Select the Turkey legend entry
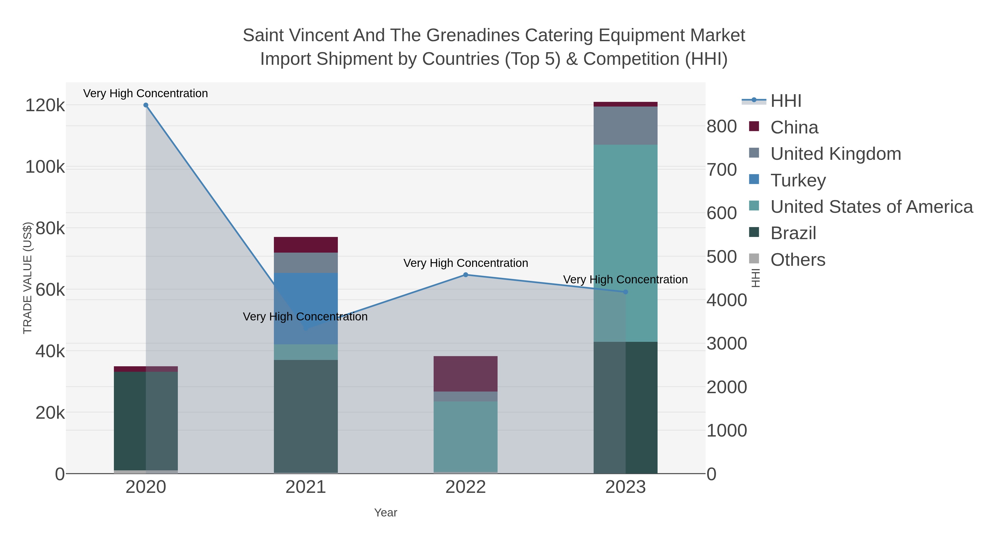(x=798, y=180)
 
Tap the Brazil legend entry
(x=793, y=233)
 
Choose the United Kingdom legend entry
(x=835, y=154)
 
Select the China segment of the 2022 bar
(x=465, y=373)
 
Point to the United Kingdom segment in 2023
(x=625, y=125)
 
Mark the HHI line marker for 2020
(x=146, y=105)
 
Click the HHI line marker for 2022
(x=465, y=275)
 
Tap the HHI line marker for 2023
(x=625, y=292)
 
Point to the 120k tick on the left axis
(x=45, y=105)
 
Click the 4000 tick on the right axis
(x=726, y=300)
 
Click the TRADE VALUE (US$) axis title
(x=28, y=278)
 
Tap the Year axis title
(x=386, y=513)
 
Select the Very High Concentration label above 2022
(x=465, y=263)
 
